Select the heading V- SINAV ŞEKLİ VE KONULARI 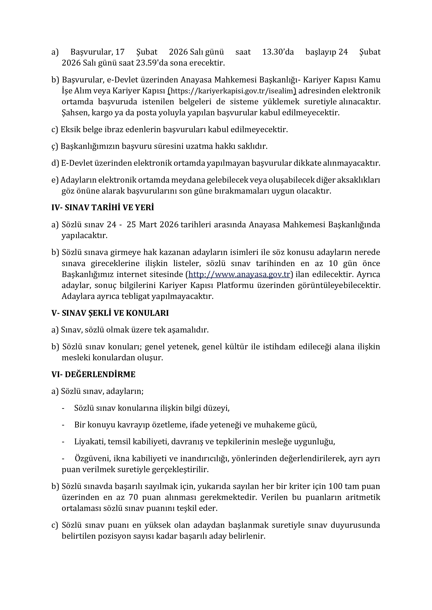click(110, 313)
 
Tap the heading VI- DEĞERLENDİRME click(93, 374)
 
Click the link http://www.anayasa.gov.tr click(239, 274)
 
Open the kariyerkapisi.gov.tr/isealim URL click(232, 91)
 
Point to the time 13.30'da click(278, 52)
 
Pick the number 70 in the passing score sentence click(133, 497)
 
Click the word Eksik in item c click(70, 130)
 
